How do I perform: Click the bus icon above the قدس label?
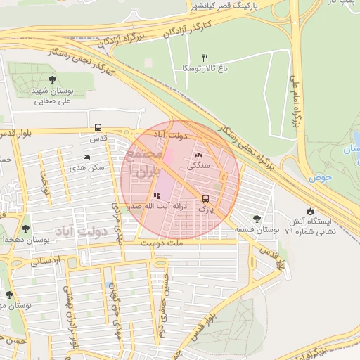click(98, 128)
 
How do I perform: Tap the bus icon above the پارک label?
click(205, 198)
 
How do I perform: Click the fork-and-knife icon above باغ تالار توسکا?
click(205, 58)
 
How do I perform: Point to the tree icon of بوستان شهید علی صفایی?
click(53, 79)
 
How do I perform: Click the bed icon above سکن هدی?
click(86, 157)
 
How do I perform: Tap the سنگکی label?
click(197, 167)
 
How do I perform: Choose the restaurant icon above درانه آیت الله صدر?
click(156, 195)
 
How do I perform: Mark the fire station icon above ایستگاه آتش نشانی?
click(311, 211)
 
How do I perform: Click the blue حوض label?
click(323, 178)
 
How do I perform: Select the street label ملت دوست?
click(160, 243)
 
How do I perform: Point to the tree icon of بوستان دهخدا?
click(26, 229)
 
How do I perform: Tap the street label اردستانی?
click(46, 261)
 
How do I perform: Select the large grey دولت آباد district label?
click(79, 231)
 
